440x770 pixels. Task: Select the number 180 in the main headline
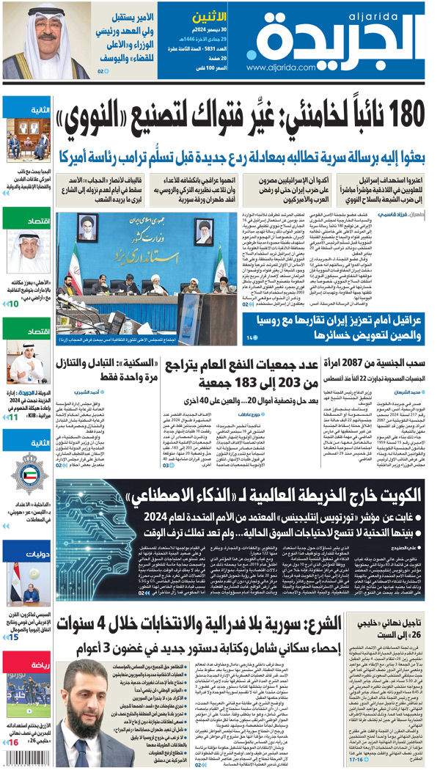coord(394,116)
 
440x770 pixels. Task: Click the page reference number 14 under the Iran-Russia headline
coord(252,337)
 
